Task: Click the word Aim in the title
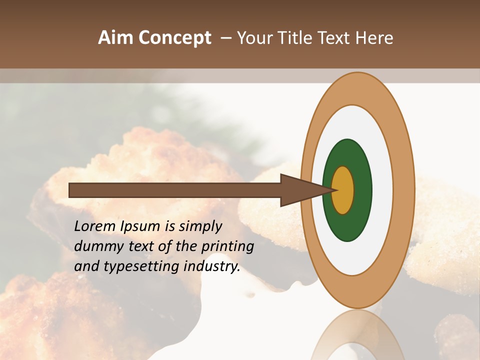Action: coord(116,38)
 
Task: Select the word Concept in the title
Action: coord(175,38)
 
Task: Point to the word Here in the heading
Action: coord(374,38)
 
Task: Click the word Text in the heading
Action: coord(335,38)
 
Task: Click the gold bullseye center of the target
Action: coord(343,190)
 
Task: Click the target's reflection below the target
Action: coord(357,337)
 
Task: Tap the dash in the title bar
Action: coord(225,38)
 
